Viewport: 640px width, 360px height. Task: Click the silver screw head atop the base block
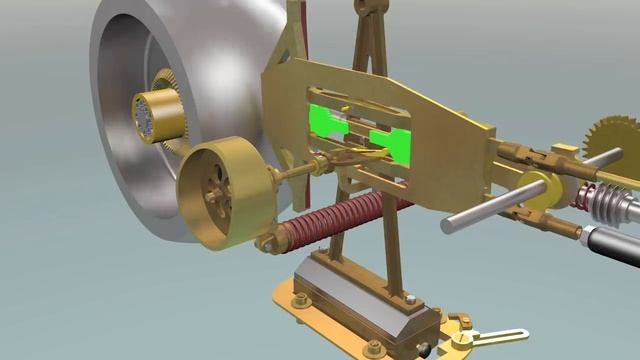(x=410, y=299)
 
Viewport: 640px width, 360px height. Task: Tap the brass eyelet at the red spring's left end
(x=268, y=243)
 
